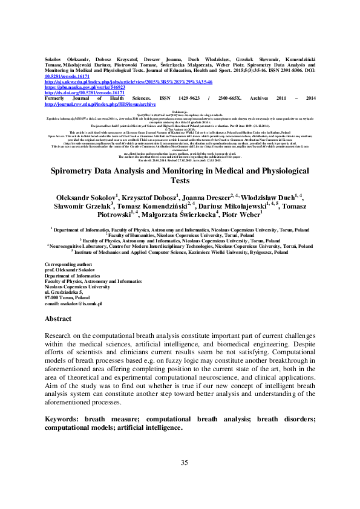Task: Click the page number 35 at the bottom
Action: coord(185,462)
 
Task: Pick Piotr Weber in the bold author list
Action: coord(243,232)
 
